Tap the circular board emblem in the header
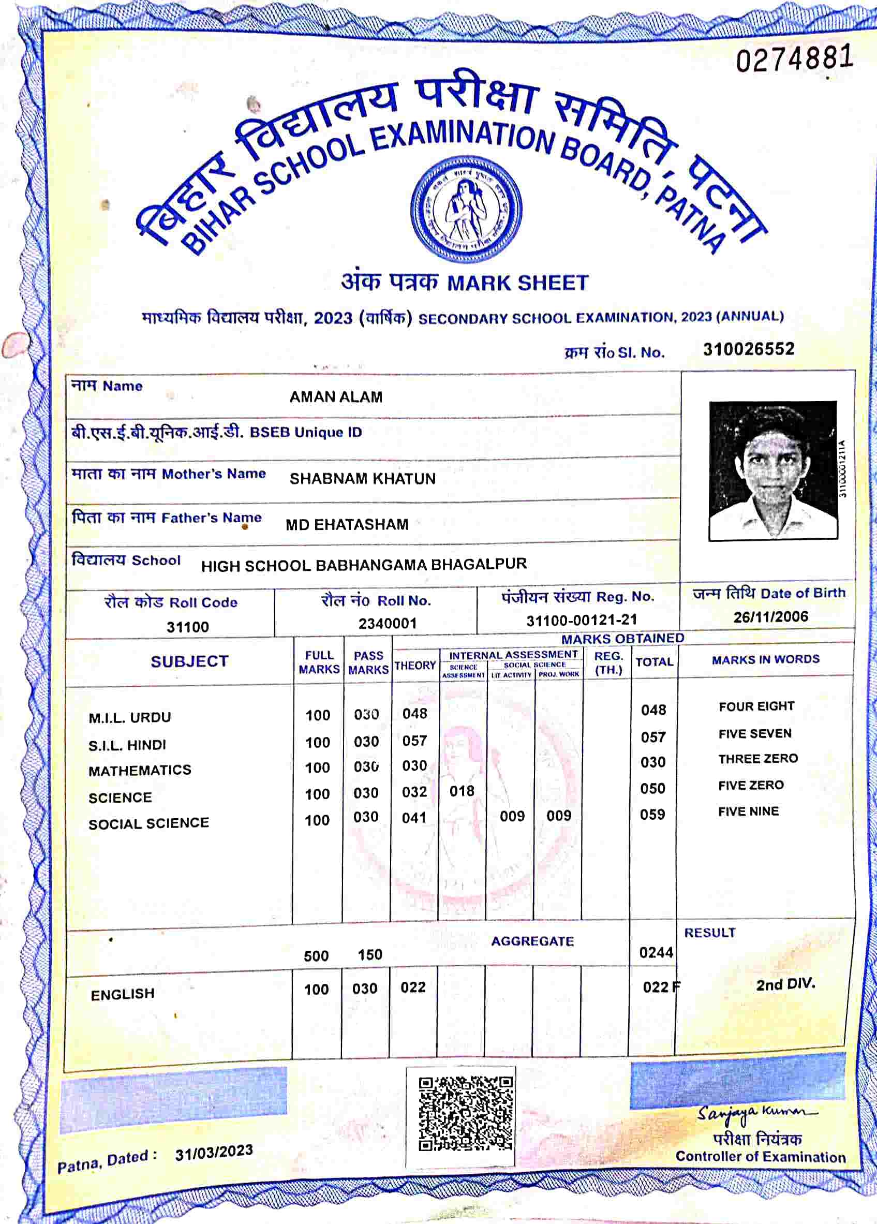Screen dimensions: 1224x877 click(x=466, y=210)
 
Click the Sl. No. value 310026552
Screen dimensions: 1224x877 click(x=749, y=349)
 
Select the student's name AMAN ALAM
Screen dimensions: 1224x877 click(x=336, y=397)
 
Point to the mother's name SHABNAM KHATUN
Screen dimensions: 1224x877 click(x=362, y=479)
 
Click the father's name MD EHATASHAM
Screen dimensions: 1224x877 click(x=347, y=525)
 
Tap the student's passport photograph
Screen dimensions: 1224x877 click(x=773, y=470)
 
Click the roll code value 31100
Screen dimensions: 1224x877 click(x=187, y=627)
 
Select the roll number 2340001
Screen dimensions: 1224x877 click(x=388, y=623)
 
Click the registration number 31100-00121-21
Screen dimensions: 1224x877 click(x=581, y=620)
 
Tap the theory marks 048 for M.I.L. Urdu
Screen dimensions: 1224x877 click(x=414, y=714)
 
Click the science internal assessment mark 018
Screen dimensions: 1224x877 click(x=462, y=791)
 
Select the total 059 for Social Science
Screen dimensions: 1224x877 click(x=652, y=815)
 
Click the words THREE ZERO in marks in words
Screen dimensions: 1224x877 click(x=757, y=759)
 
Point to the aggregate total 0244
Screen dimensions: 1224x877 click(x=656, y=952)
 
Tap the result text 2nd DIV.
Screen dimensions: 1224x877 click(x=785, y=984)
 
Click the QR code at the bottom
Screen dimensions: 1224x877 click(x=465, y=1113)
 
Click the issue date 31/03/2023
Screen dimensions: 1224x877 click(x=214, y=1153)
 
